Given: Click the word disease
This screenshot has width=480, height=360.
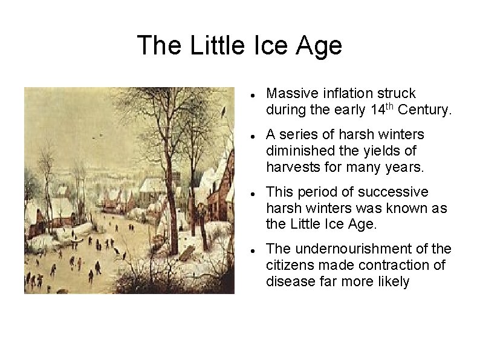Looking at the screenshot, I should point(288,281).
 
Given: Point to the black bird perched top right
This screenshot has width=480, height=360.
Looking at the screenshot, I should point(225,111).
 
